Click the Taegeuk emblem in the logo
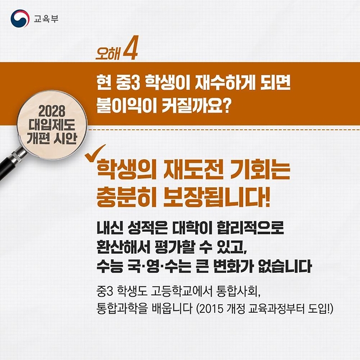click(20, 19)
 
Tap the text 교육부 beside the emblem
click(46, 19)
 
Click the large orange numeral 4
click(130, 48)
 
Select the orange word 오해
click(107, 53)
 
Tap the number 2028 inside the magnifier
click(52, 111)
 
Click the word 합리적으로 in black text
click(250, 227)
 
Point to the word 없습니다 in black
click(285, 266)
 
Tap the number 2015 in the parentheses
click(211, 309)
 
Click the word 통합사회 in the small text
click(237, 292)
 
